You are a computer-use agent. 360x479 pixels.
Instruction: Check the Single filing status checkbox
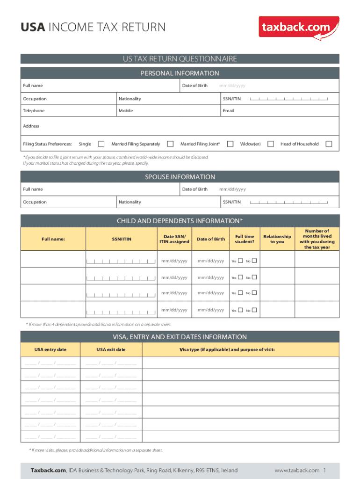[x=101, y=144]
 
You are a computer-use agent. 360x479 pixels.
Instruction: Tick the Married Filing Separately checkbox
[x=170, y=144]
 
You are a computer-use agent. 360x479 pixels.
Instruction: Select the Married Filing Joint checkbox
[x=230, y=144]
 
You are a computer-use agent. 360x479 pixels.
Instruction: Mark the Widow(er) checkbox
[x=270, y=144]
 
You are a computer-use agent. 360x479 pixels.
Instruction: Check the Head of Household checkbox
[x=329, y=144]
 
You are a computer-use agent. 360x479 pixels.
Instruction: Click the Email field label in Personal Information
[x=228, y=111]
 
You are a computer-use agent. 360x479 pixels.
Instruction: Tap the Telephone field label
[x=34, y=111]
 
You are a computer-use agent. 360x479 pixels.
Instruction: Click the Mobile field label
[x=125, y=111]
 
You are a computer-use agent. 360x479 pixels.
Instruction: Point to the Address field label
[x=31, y=126]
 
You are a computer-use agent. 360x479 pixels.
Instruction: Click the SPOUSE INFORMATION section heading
[x=180, y=177]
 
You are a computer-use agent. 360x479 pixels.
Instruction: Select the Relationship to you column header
[x=277, y=239]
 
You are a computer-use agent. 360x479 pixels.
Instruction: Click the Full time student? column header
[x=245, y=239]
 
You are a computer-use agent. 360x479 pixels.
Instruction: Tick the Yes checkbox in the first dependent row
[x=240, y=261]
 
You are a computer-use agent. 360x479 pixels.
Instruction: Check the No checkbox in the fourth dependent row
[x=255, y=310]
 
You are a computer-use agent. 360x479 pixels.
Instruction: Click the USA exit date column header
[x=111, y=349]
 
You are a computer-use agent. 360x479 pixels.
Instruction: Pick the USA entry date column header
[x=50, y=349]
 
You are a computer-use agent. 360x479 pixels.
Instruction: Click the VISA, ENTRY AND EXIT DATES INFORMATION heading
[x=180, y=337]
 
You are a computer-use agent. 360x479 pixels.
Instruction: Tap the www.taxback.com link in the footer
[x=297, y=470]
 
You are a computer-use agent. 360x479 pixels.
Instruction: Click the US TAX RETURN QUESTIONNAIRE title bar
[x=180, y=59]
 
